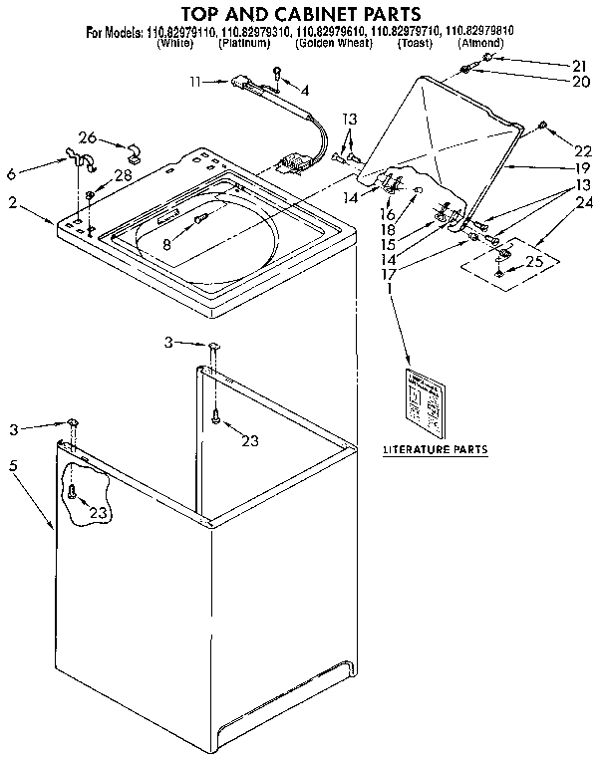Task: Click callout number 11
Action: [196, 83]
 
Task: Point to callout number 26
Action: [88, 137]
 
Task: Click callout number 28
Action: [124, 174]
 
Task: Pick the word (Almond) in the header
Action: [480, 44]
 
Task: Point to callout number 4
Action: [305, 90]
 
